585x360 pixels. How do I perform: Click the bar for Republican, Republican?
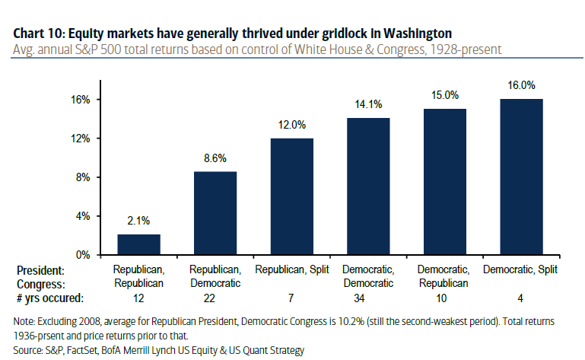(138, 244)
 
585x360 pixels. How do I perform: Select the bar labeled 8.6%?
(215, 213)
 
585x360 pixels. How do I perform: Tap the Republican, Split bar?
(292, 196)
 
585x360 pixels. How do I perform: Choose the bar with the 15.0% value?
(445, 182)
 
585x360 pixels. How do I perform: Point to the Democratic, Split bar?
(521, 177)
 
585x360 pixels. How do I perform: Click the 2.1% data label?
(138, 221)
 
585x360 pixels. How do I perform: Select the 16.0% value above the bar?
(521, 85)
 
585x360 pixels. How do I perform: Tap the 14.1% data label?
(368, 104)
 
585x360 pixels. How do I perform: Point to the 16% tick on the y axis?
(81, 100)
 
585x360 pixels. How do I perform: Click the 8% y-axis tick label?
(83, 177)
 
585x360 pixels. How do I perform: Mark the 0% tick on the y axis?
(83, 254)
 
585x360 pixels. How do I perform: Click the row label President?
(40, 270)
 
